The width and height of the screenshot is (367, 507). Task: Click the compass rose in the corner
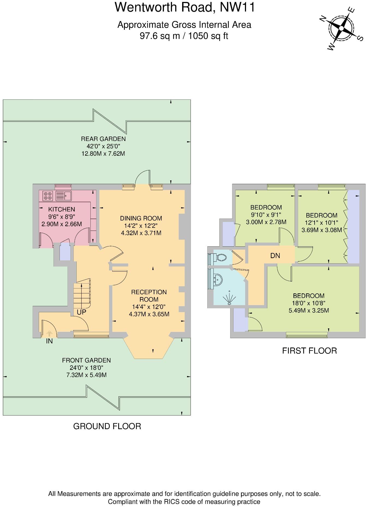coord(341,28)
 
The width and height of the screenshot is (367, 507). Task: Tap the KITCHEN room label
coord(61,210)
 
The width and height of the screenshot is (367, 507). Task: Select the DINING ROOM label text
coord(141,218)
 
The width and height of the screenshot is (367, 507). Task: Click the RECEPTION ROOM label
coord(149,296)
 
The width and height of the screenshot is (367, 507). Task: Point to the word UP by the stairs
coord(81,312)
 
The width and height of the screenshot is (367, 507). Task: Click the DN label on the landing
coord(275,256)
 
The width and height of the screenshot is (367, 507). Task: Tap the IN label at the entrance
coord(49,341)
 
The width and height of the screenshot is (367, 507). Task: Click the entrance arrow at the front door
coord(49,334)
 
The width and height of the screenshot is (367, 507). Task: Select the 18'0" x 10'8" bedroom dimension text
coord(309,303)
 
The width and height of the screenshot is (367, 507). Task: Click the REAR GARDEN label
coord(103,139)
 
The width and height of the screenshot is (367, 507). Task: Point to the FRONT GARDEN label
coord(86,360)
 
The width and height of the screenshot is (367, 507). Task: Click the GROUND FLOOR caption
coord(107,426)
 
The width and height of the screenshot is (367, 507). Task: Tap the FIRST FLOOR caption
coord(309,350)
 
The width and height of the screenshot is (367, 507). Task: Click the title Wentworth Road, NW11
coord(185,7)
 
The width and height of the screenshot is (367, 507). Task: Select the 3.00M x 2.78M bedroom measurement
coord(266,222)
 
